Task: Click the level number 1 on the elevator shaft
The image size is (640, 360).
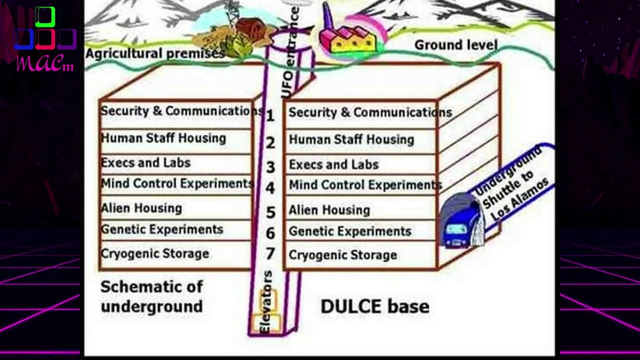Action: pyautogui.click(x=270, y=115)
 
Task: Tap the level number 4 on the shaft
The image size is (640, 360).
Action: pyautogui.click(x=270, y=188)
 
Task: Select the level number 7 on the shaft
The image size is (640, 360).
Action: pyautogui.click(x=270, y=253)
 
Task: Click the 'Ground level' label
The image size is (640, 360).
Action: pyautogui.click(x=456, y=45)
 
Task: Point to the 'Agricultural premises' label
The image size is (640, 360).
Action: pyautogui.click(x=155, y=53)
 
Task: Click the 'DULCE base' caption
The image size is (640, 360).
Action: pyautogui.click(x=375, y=306)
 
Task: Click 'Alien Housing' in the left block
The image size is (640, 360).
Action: pyautogui.click(x=141, y=208)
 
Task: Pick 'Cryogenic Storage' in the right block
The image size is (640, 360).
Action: pyautogui.click(x=343, y=255)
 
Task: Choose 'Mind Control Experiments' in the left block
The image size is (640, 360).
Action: pyautogui.click(x=177, y=183)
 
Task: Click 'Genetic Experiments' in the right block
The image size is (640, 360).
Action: pyautogui.click(x=350, y=231)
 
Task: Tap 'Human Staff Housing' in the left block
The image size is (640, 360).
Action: pyautogui.click(x=163, y=138)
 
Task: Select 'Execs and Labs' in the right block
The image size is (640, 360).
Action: pyautogui.click(x=333, y=164)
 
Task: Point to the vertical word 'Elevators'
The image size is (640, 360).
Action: pyautogui.click(x=266, y=301)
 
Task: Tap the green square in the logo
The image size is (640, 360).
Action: pyautogui.click(x=45, y=17)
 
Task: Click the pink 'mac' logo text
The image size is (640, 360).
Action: pyautogui.click(x=45, y=62)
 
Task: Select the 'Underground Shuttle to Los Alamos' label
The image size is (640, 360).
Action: pyautogui.click(x=511, y=184)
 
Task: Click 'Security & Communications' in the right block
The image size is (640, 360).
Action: pyautogui.click(x=370, y=112)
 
